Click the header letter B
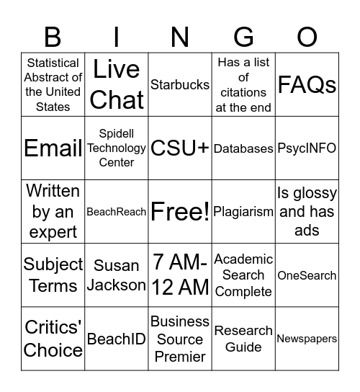click(53, 36)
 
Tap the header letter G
click(243, 36)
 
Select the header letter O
click(307, 36)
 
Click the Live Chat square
click(117, 85)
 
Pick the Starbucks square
click(180, 85)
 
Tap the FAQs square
click(307, 85)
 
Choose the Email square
click(53, 148)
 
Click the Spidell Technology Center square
click(117, 148)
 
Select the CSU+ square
click(180, 148)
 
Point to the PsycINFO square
click(307, 148)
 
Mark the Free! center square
click(180, 212)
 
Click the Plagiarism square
click(243, 212)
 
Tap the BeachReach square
click(117, 212)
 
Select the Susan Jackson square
click(117, 275)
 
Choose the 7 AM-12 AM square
click(180, 275)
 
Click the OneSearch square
click(307, 275)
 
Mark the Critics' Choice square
click(53, 339)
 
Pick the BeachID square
click(117, 339)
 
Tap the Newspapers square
click(307, 339)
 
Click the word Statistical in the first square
click(53, 63)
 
